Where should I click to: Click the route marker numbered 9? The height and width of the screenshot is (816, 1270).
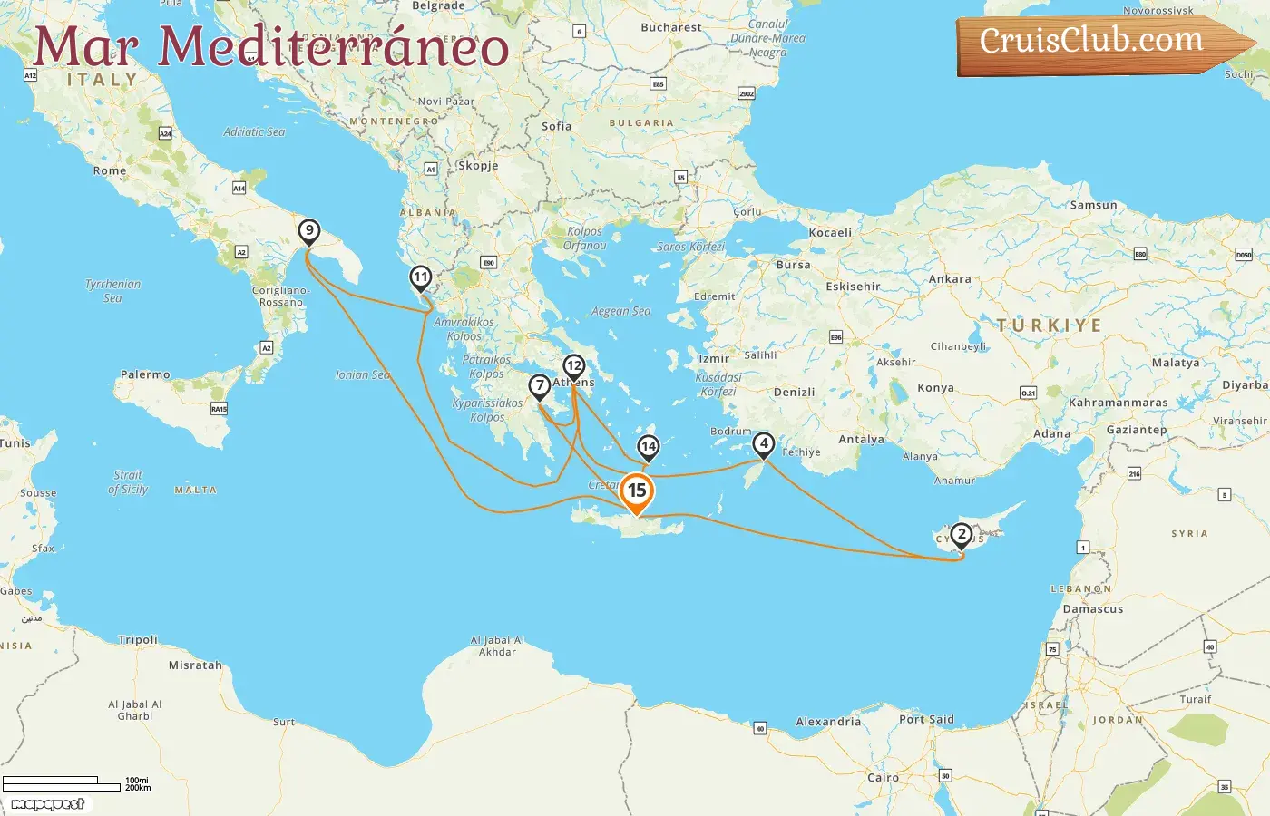[309, 231]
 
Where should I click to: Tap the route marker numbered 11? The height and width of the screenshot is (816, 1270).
[420, 277]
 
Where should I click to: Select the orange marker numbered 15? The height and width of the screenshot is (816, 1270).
[637, 491]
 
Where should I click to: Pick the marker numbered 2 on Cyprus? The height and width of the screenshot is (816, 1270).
[962, 535]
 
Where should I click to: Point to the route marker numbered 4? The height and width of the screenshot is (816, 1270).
[764, 444]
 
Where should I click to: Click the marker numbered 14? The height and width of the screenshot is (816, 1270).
[648, 447]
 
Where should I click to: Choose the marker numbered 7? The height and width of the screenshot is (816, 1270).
[540, 386]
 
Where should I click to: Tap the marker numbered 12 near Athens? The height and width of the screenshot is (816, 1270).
[573, 366]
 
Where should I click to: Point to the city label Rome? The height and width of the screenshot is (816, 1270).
[110, 170]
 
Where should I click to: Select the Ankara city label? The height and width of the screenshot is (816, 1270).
[950, 279]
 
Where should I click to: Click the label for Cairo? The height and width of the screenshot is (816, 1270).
[883, 778]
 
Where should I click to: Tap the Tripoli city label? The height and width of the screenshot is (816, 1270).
[138, 640]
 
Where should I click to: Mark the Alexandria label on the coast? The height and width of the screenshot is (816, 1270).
[828, 722]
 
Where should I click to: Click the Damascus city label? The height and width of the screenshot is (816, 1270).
[1093, 609]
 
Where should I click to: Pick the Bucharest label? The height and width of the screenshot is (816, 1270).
[671, 28]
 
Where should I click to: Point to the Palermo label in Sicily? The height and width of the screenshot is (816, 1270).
[145, 374]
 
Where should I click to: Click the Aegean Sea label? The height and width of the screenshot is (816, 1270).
[620, 311]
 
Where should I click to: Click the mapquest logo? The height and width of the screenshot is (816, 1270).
[47, 804]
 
